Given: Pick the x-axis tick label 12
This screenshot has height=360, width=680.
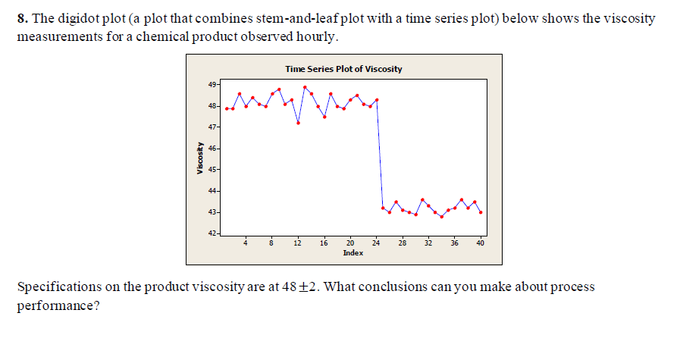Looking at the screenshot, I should (298, 243).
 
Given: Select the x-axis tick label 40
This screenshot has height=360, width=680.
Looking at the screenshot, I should (481, 243).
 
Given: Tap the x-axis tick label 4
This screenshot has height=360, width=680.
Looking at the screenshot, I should (246, 243).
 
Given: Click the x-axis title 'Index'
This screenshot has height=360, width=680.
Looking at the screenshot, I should (352, 252).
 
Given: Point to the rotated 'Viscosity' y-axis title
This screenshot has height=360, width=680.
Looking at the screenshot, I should (199, 159).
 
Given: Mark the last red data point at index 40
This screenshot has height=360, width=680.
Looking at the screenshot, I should (481, 212).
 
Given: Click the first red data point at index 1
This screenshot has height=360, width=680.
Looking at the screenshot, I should (227, 108).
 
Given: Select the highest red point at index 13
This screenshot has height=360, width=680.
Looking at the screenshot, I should (305, 86).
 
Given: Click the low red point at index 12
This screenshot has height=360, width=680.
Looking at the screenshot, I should (298, 123).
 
